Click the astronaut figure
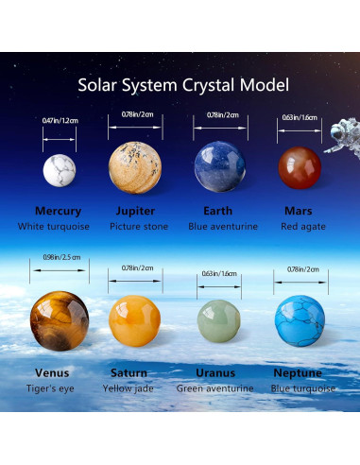[340, 135]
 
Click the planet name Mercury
[58, 211]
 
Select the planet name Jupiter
[135, 211]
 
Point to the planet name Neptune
[297, 372]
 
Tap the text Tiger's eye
[52, 388]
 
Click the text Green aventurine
[215, 388]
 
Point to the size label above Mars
[300, 118]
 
